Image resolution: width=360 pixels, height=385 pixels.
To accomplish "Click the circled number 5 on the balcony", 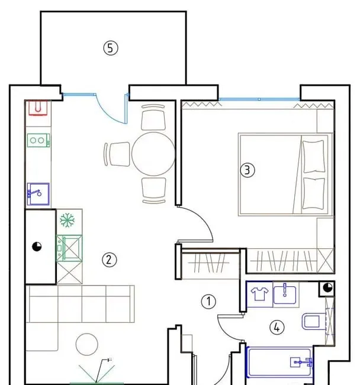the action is [x=111, y=48].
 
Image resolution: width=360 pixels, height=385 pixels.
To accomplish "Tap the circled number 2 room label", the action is [x=110, y=260].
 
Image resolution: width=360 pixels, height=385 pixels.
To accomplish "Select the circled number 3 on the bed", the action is [x=247, y=170].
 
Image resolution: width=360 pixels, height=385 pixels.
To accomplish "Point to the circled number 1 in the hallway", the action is [x=208, y=302].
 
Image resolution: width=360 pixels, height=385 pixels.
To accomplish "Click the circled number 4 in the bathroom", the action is [x=277, y=327].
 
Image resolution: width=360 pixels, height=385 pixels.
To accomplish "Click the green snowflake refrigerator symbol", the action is [x=67, y=220].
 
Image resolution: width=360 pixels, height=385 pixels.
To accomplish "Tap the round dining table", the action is [x=153, y=154].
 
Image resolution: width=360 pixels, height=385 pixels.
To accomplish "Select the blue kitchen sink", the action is [x=38, y=194].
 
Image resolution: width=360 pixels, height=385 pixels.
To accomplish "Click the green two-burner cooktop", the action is [x=38, y=140].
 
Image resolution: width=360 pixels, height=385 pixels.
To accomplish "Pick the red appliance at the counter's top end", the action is [x=38, y=108].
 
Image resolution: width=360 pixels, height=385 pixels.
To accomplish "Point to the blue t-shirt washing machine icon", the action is [x=259, y=294].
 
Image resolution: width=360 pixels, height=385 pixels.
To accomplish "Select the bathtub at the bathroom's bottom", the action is [x=279, y=362].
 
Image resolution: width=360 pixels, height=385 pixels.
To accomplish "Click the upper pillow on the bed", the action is [x=314, y=157].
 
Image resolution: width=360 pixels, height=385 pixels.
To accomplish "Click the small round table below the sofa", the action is [x=87, y=344].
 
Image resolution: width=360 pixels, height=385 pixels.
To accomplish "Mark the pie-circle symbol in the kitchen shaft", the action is [x=37, y=247].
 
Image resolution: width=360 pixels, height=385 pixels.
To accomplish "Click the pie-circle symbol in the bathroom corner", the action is [x=327, y=287].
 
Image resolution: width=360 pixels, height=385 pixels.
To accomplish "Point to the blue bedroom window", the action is [x=259, y=99].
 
